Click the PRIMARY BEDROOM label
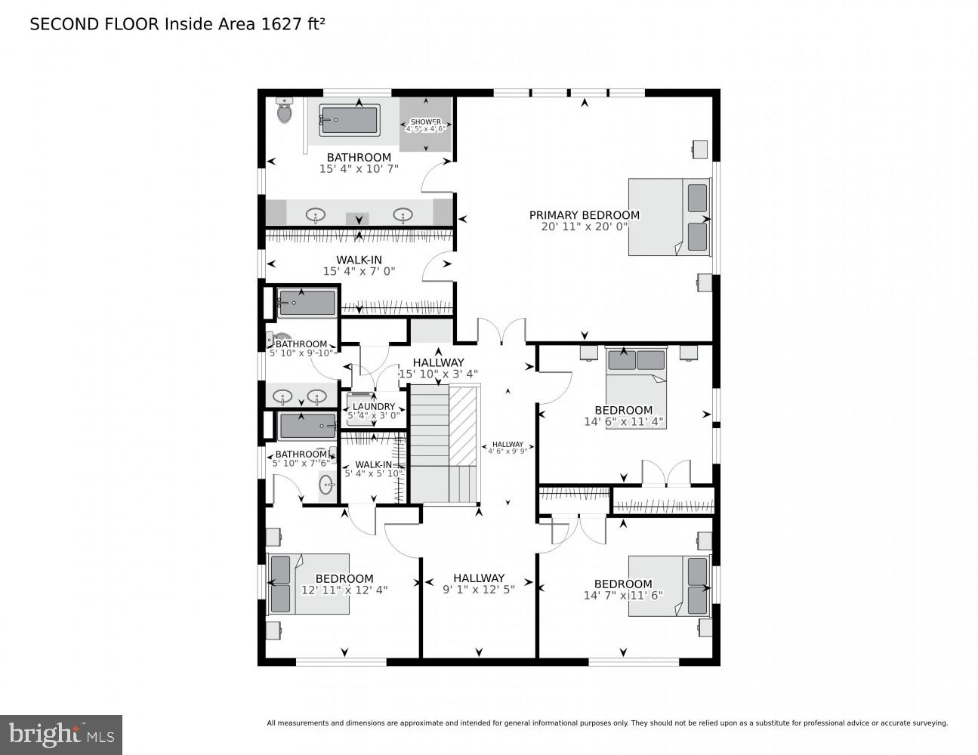[x=584, y=215]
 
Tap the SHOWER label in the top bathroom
[x=426, y=122]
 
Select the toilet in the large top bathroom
[x=285, y=111]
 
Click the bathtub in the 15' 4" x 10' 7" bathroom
[x=349, y=121]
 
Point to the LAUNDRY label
[x=373, y=406]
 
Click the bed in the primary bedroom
[x=669, y=217]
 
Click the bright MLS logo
[x=61, y=735]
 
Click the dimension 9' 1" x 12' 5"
[x=478, y=590]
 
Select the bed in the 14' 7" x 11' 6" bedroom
[x=669, y=586]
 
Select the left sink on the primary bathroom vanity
[x=316, y=215]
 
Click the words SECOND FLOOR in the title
[x=94, y=24]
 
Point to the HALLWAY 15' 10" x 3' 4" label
[x=438, y=368]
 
